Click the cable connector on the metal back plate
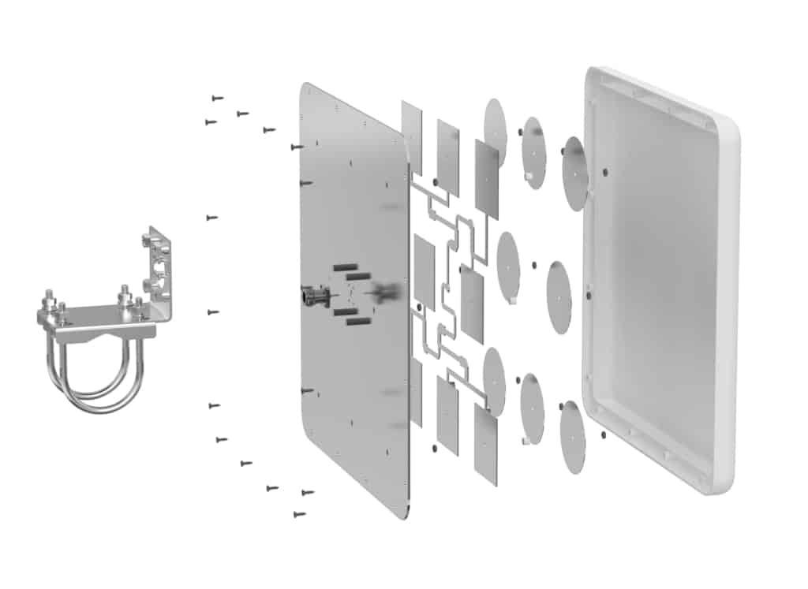point(310,297)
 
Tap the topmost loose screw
point(217,98)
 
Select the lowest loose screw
point(299,514)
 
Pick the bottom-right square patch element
point(485,446)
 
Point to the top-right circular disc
point(574,173)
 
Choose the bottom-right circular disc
point(573,438)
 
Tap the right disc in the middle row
point(559,297)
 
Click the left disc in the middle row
point(509,267)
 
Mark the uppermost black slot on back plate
point(345,268)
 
